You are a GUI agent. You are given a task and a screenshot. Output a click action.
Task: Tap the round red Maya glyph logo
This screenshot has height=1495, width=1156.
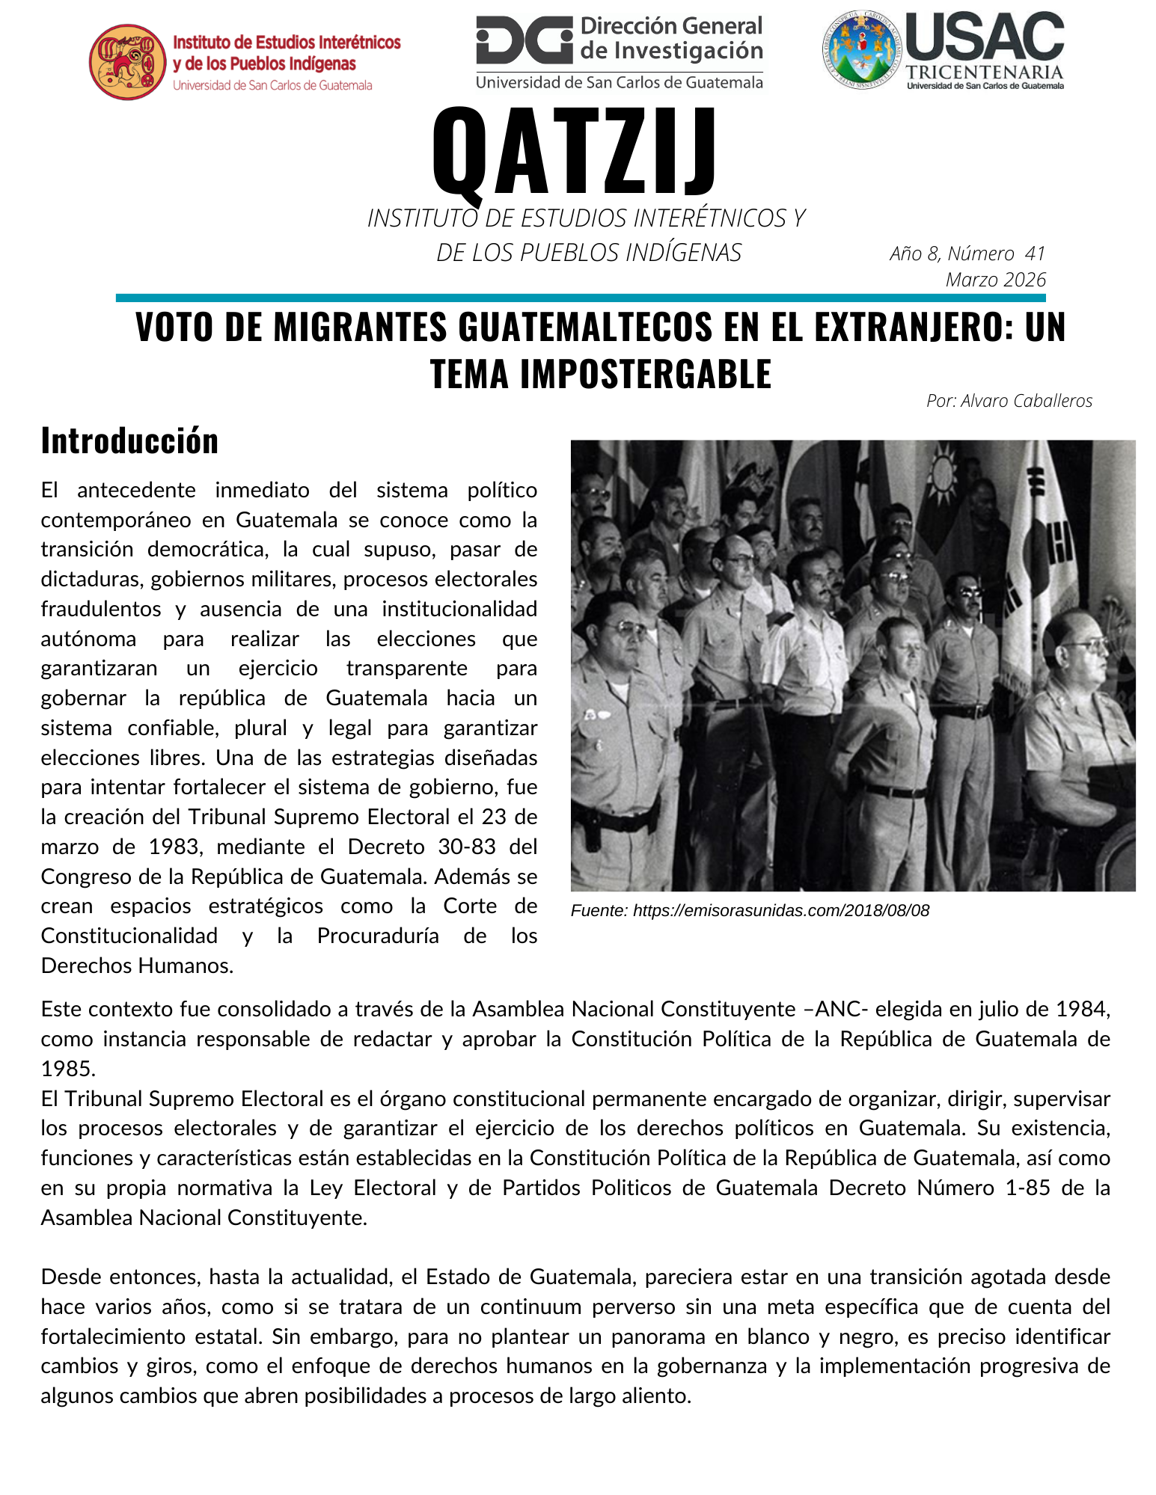click(x=127, y=62)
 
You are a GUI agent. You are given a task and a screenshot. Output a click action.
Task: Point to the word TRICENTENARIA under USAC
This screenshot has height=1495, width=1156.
click(x=984, y=73)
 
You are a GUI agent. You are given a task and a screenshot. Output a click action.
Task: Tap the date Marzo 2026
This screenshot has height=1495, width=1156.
click(x=995, y=280)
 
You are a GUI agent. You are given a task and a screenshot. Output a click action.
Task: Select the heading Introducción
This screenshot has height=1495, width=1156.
click(x=129, y=440)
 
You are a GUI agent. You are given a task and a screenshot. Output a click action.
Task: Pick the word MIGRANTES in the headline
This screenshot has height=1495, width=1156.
click(x=356, y=327)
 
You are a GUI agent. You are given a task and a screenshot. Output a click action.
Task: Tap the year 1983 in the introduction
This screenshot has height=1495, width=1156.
click(x=174, y=847)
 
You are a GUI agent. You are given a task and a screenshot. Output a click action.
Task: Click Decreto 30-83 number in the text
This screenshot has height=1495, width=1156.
click(x=467, y=847)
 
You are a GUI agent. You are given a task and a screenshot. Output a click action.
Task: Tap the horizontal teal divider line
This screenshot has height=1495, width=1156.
click(x=581, y=298)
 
